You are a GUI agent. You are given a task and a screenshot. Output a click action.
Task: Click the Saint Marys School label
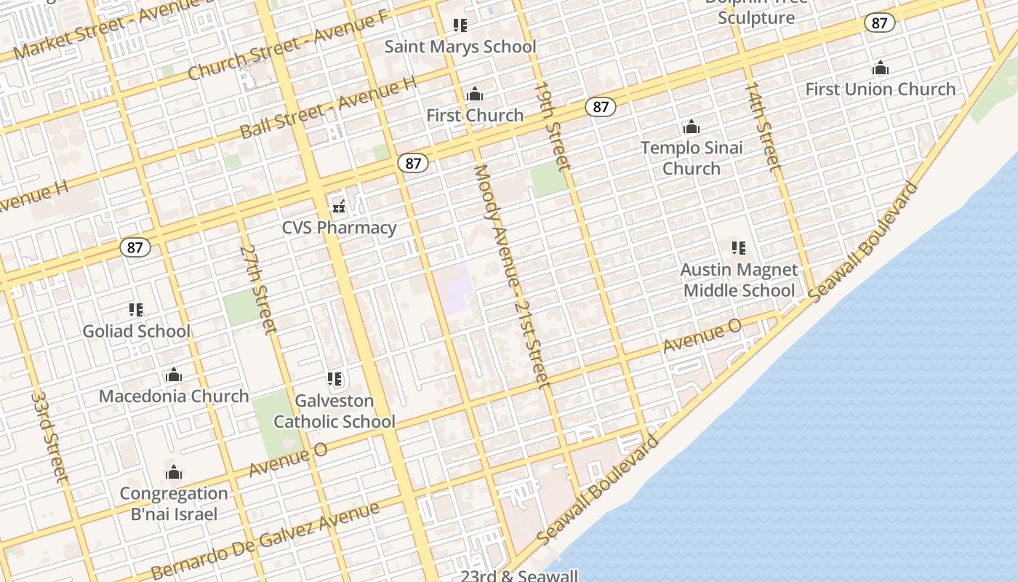[460, 47]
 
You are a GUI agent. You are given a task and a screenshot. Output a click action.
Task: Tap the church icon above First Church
[475, 94]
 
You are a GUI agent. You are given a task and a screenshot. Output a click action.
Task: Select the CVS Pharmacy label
[340, 228]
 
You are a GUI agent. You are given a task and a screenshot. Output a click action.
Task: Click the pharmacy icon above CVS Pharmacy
[339, 207]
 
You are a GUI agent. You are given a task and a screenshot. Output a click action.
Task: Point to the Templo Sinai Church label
[692, 158]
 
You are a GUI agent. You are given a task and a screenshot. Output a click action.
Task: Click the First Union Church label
[880, 89]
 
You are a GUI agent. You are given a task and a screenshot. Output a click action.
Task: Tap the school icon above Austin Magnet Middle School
[739, 248]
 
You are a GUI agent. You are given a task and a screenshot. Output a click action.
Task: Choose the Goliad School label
[136, 332]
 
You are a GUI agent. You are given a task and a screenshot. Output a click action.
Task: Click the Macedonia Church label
[174, 396]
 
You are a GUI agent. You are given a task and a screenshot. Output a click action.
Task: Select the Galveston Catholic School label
[334, 411]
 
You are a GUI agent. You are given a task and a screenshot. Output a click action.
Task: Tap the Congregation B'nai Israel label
[174, 503]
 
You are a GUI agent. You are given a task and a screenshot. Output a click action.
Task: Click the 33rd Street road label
[49, 436]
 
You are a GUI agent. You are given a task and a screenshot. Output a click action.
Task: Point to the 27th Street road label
[258, 289]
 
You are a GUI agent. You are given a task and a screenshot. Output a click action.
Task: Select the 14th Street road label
[763, 126]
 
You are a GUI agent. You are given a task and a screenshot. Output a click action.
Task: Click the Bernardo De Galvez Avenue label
[265, 540]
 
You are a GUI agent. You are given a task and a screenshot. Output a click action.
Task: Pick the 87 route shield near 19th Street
[600, 108]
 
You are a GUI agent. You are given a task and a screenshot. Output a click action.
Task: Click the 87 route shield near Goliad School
[135, 247]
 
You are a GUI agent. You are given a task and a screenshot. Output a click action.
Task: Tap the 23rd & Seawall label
[519, 575]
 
